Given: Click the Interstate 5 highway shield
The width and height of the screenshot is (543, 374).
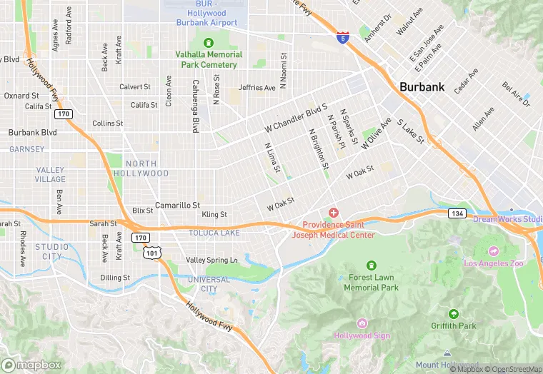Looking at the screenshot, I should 343,38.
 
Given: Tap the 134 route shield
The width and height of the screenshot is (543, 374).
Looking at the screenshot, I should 457,213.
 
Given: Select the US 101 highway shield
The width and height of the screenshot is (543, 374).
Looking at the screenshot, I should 152,252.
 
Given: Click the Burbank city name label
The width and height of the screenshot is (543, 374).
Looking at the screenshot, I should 422,87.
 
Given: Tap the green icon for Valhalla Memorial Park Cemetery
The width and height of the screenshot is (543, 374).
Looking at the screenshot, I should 209,42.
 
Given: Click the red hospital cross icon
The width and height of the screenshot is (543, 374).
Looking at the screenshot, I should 333,213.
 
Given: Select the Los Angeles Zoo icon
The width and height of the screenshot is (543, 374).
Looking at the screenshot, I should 493,251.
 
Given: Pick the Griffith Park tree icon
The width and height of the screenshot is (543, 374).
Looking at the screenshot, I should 453,314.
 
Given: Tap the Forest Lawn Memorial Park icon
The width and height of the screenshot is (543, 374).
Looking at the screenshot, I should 370,266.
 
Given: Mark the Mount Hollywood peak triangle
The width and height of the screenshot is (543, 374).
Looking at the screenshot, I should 447,354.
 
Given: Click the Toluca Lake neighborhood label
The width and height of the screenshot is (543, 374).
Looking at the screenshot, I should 214,233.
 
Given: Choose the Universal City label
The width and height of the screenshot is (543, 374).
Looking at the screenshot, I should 208,284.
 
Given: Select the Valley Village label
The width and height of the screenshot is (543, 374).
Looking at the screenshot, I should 50,175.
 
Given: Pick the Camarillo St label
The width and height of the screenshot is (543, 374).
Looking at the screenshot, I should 177,205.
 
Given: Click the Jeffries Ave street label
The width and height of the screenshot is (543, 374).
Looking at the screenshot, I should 256,88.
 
